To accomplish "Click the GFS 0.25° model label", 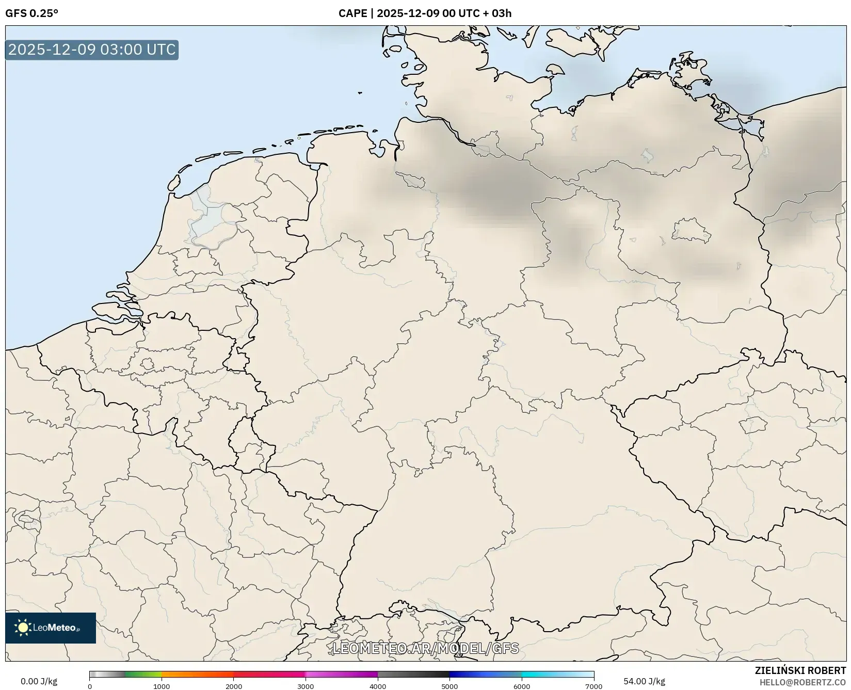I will click(x=31, y=13).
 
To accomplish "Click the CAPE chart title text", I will click(x=425, y=13).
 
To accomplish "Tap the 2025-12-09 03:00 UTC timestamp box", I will click(x=92, y=50).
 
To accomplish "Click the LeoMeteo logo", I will click(x=51, y=628).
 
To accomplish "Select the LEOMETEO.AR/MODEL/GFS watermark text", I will click(x=425, y=648).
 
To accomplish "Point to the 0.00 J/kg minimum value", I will click(x=39, y=681).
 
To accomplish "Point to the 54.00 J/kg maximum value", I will click(x=644, y=681).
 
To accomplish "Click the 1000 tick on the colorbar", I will click(x=162, y=686).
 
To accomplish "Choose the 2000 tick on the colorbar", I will click(x=234, y=686).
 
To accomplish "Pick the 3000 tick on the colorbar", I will click(x=306, y=686).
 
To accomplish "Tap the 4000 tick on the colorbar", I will click(x=378, y=686).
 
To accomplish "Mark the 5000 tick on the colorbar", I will click(x=449, y=686).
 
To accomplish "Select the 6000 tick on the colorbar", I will click(x=522, y=686).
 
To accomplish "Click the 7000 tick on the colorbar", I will click(x=593, y=686).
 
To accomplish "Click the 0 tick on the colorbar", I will click(x=90, y=686).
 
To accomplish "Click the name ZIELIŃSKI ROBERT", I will click(x=800, y=670).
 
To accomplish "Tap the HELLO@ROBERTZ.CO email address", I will click(x=802, y=682).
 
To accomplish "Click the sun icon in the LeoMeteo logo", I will click(x=23, y=628).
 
